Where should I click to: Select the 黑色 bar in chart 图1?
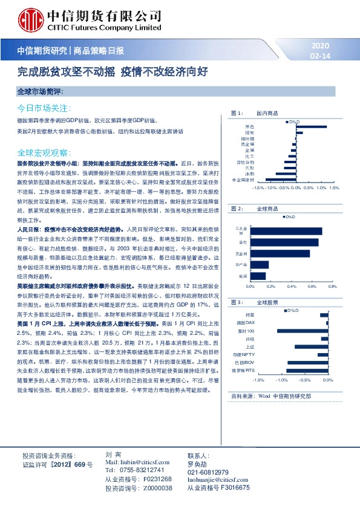pos(311,126)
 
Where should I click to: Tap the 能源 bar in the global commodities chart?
pos(257,276)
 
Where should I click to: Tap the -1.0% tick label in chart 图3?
pos(281,381)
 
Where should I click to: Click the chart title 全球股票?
pos(267,302)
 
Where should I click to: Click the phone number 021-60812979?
pos(208,472)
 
